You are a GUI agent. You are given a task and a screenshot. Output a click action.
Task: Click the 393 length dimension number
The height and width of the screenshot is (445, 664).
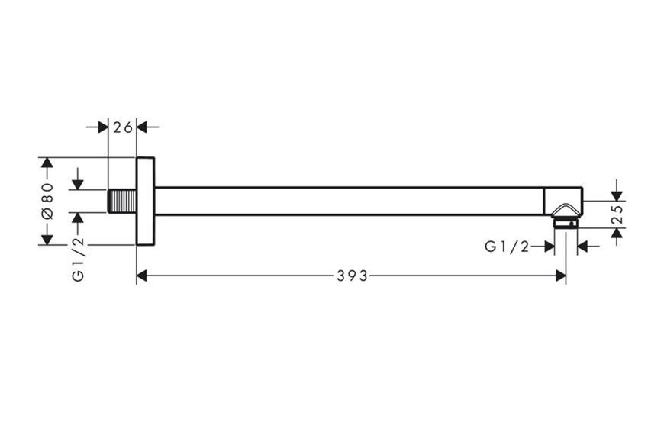point(353,276)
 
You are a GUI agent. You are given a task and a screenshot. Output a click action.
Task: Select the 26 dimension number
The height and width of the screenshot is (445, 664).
point(123,127)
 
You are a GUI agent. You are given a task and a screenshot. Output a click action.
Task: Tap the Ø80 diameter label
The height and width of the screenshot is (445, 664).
point(47,201)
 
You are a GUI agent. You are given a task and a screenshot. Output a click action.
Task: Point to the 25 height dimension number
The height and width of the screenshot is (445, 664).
point(618,214)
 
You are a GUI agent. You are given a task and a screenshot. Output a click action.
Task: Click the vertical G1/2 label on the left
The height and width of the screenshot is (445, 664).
point(79,260)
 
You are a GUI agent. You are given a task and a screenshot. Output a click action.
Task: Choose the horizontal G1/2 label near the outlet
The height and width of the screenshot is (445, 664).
point(507,247)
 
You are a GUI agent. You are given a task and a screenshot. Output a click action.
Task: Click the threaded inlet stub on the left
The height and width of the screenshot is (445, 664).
point(122,201)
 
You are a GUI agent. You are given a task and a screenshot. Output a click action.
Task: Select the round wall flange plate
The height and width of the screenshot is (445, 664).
point(145,201)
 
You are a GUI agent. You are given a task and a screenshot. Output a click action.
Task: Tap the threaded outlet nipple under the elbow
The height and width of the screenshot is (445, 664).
point(566,223)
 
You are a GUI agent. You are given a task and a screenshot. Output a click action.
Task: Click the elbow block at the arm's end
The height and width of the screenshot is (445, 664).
point(563,201)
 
